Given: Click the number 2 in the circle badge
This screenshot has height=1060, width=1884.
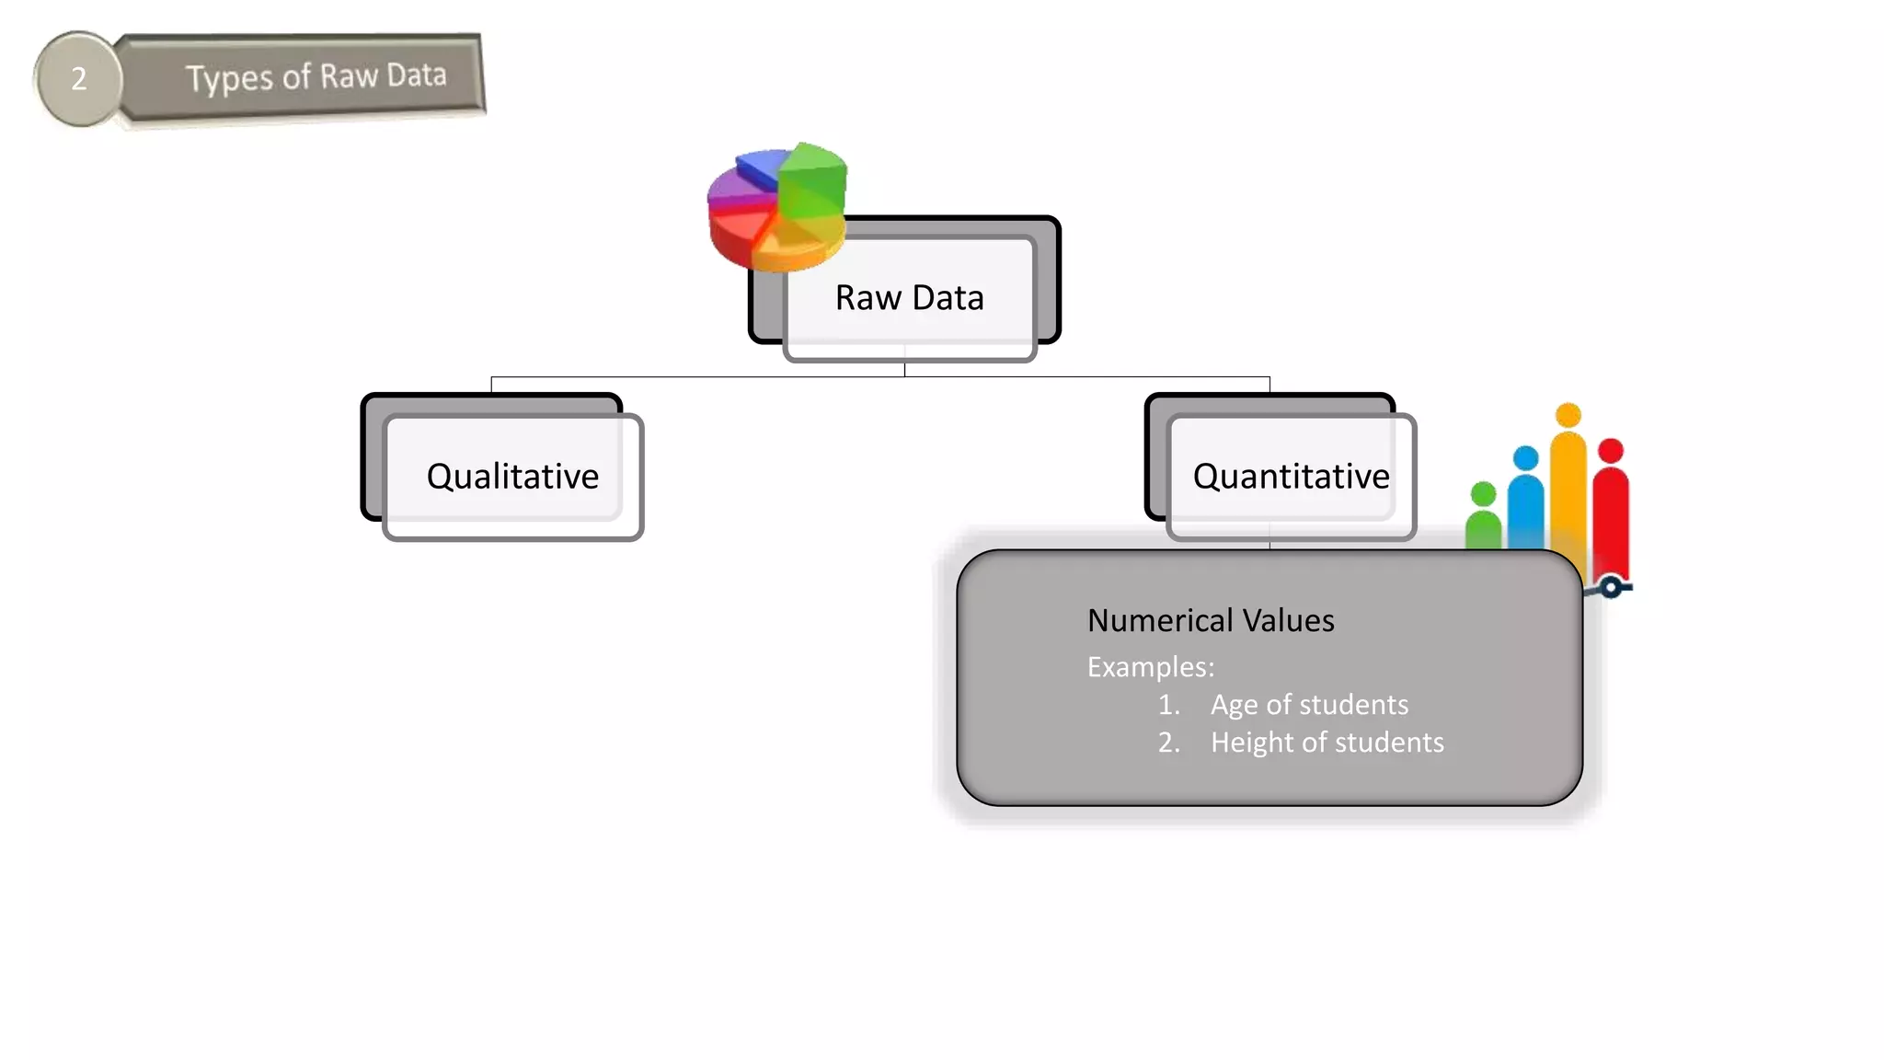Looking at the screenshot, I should pyautogui.click(x=79, y=79).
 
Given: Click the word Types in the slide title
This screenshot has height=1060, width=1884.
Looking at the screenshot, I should pyautogui.click(x=228, y=78).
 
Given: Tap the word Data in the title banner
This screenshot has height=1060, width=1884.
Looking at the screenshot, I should pyautogui.click(x=416, y=75).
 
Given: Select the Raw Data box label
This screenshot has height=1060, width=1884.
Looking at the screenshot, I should pyautogui.click(x=909, y=298).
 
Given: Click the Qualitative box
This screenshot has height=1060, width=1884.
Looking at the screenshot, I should pyautogui.click(x=512, y=477).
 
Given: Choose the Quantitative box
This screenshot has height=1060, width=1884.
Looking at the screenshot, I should pyautogui.click(x=1290, y=477).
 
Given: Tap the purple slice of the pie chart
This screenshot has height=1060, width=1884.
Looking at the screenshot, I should pyautogui.click(x=731, y=189).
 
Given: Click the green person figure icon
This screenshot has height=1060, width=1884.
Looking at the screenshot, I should pyautogui.click(x=1483, y=520).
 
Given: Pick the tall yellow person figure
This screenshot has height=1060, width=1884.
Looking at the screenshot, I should pyautogui.click(x=1568, y=478).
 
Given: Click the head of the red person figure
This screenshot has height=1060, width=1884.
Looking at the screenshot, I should pyautogui.click(x=1611, y=451).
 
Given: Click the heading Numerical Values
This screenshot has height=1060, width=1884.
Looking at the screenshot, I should pyautogui.click(x=1210, y=621).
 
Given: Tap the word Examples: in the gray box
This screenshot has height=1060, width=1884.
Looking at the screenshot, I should pyautogui.click(x=1150, y=667).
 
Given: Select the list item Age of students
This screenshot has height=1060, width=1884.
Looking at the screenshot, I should pyautogui.click(x=1308, y=705).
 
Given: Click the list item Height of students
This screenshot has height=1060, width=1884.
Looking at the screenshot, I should pyautogui.click(x=1327, y=743).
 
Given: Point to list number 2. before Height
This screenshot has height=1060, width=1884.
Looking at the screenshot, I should pyautogui.click(x=1168, y=743).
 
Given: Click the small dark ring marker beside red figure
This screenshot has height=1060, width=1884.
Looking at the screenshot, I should pyautogui.click(x=1611, y=587).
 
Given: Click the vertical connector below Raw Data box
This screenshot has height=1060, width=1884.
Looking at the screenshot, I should pyautogui.click(x=904, y=366).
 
